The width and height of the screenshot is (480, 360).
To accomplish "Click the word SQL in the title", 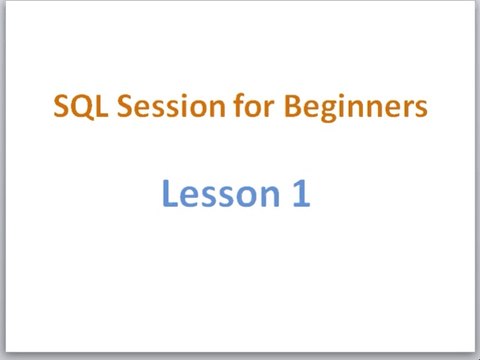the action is pyautogui.click(x=81, y=106).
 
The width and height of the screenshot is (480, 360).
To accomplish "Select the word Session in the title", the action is pyautogui.click(x=171, y=106).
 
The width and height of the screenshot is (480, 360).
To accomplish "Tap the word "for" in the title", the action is pyautogui.click(x=254, y=105).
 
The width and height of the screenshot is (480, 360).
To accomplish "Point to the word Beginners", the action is pyautogui.click(x=356, y=107).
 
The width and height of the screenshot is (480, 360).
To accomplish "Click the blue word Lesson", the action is pyautogui.click(x=221, y=193).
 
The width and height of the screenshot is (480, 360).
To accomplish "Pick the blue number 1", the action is pyautogui.click(x=302, y=193).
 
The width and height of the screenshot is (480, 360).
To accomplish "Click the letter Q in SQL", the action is pyautogui.click(x=82, y=107).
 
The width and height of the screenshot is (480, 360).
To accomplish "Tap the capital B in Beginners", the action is pyautogui.click(x=293, y=106).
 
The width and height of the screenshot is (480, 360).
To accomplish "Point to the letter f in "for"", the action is pyautogui.click(x=239, y=105).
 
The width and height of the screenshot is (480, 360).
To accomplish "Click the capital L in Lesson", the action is pyautogui.click(x=169, y=193).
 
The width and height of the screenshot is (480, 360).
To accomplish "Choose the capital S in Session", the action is pyautogui.click(x=125, y=106).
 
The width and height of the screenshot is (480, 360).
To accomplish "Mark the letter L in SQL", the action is pyautogui.click(x=103, y=106).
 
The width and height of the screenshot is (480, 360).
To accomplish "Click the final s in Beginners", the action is pyautogui.click(x=421, y=109).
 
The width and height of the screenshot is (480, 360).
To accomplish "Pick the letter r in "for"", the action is pyautogui.click(x=270, y=109).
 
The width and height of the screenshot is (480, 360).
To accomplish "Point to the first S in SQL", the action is pyautogui.click(x=61, y=106).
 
